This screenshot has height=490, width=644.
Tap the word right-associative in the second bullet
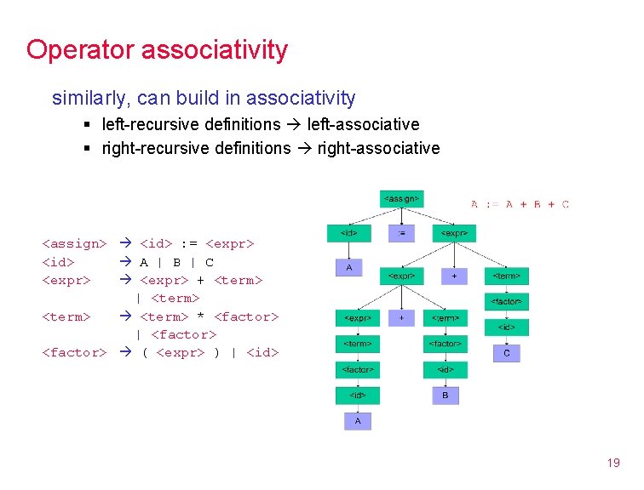[x=378, y=149]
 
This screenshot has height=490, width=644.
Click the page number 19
[x=612, y=464]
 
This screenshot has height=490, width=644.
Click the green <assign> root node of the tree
[x=400, y=198]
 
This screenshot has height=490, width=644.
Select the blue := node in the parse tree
[x=401, y=232]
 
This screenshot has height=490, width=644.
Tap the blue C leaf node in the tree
[x=507, y=352]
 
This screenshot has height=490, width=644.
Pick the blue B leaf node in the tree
[x=445, y=396]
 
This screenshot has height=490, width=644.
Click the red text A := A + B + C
[x=520, y=204]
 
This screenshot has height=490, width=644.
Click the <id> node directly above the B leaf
[x=446, y=369]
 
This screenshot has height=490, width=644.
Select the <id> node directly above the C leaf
[x=507, y=327]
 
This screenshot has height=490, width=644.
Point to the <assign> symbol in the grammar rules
[x=74, y=244]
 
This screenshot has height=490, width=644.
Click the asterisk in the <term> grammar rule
[x=200, y=316]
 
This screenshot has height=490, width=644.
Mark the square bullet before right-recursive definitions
[x=89, y=150]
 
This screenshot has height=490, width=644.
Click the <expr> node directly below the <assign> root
[x=454, y=232]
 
